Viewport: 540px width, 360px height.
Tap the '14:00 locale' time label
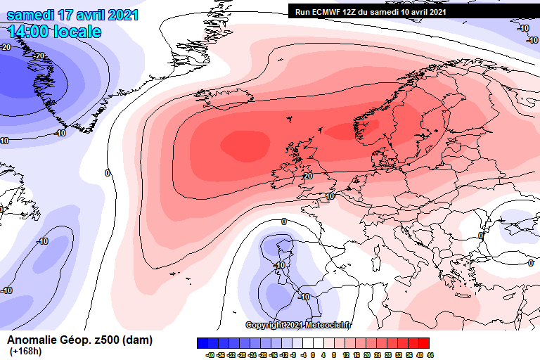[x=55, y=32]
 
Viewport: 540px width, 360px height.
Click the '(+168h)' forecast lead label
[x=25, y=352]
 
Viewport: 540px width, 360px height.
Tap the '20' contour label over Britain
[x=308, y=176]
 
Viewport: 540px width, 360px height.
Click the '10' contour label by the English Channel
[x=330, y=197]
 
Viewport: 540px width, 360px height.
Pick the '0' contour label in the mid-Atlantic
[x=108, y=173]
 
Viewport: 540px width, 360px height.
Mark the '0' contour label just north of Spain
[x=283, y=221]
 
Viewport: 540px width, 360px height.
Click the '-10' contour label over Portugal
[x=279, y=265]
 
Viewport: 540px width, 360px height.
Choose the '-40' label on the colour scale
[x=210, y=355]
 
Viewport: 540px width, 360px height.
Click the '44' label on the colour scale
[x=430, y=355]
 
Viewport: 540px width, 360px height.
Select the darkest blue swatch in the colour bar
[x=204, y=342]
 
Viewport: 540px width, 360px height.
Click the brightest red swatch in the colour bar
[x=423, y=342]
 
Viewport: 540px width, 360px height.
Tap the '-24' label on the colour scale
[x=252, y=355]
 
